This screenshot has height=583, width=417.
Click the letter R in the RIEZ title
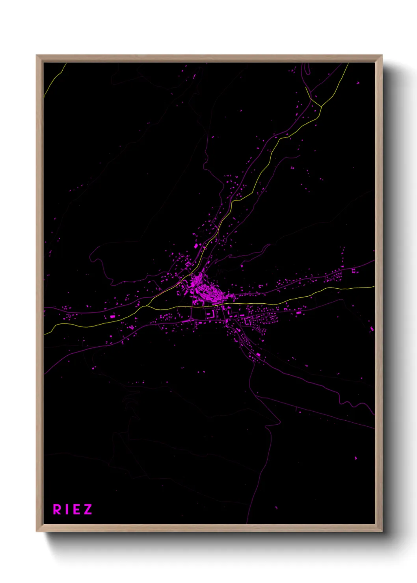[57, 509]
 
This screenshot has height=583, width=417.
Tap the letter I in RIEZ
[67, 509]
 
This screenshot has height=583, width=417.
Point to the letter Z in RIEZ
[87, 509]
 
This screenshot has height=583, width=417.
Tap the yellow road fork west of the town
[147, 306]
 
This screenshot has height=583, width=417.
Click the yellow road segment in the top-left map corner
[53, 81]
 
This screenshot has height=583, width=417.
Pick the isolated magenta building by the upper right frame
[358, 83]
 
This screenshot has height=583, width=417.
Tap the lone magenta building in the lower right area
[356, 458]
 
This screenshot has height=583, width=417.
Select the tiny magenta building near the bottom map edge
[276, 507]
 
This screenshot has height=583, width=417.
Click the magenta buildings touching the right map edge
[372, 329]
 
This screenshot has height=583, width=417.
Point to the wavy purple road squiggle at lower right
[349, 403]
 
